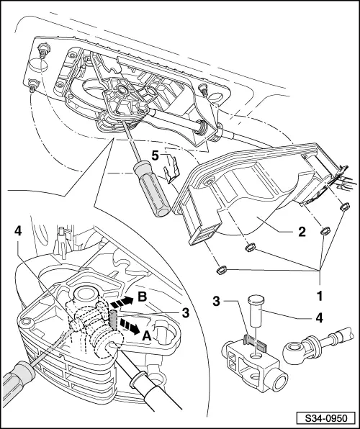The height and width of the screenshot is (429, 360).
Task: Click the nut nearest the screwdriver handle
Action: coord(220,271)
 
